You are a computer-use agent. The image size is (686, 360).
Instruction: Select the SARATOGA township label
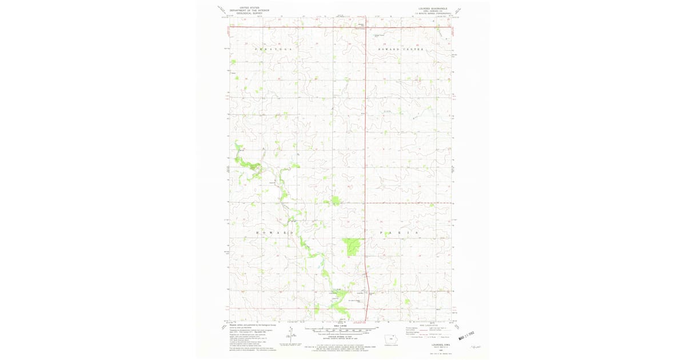tap(273, 50)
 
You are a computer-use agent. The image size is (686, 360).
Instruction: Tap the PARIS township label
tap(400, 233)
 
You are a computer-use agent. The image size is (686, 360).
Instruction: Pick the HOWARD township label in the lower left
tap(274, 233)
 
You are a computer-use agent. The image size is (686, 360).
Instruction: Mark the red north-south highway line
tap(366, 143)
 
